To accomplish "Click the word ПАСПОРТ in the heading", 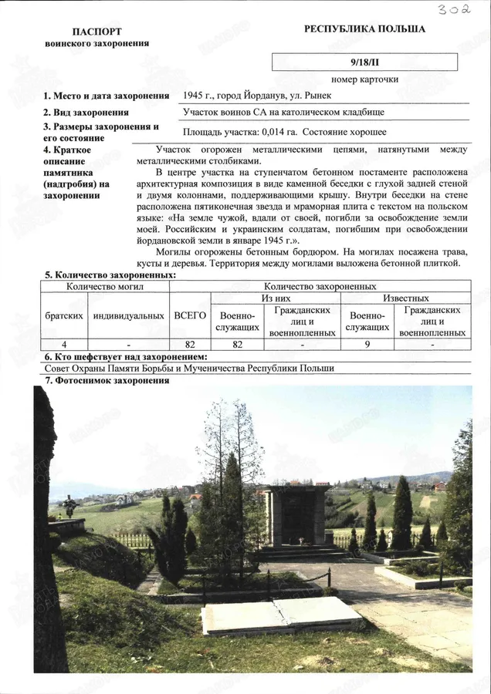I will (x=97, y=32).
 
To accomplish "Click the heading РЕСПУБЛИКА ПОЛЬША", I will (x=364, y=29).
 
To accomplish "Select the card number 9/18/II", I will (x=365, y=62).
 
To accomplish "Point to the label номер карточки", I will (x=365, y=79).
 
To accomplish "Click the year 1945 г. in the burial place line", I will (x=197, y=96).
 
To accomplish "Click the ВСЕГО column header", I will (x=190, y=315).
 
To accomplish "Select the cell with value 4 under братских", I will (x=64, y=345).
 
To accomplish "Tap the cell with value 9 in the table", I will (x=367, y=345).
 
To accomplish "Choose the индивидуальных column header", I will (x=128, y=315).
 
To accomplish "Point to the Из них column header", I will (x=276, y=298).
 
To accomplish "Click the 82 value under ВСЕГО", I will (x=190, y=345).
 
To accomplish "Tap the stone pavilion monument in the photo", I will (x=296, y=516).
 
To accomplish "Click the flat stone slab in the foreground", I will (x=280, y=614).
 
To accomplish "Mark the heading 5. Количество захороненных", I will (x=110, y=275).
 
